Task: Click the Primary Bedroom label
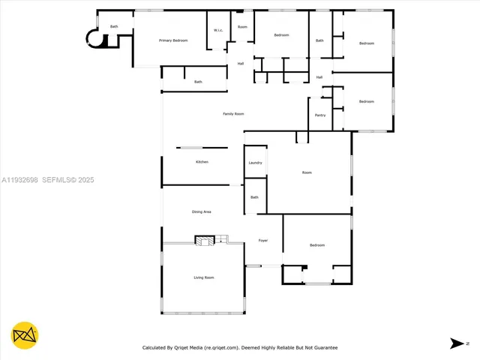pos(173,40)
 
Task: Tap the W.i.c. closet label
pos(217,30)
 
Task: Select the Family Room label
pos(233,114)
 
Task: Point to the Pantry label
pos(320,115)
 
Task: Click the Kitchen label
pos(202,162)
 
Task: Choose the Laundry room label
pos(255,163)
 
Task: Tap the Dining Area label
pos(202,212)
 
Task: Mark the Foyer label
pos(263,241)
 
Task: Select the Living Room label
pos(204,278)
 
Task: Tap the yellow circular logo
pos(25,335)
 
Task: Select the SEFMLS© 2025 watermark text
pos(67,180)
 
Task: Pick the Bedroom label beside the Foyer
pos(317,245)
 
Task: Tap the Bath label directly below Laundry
pos(254,197)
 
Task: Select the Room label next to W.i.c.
pos(242,27)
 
